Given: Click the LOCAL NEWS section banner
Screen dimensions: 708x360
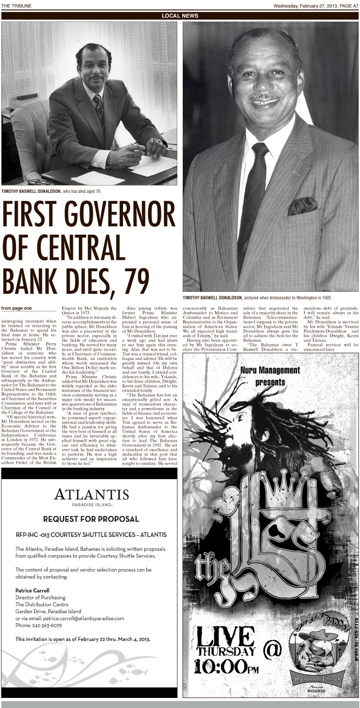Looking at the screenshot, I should click(x=180, y=16).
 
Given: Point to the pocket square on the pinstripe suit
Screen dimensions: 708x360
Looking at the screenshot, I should click(x=302, y=206).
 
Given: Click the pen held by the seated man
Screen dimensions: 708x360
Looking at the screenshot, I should click(x=137, y=146).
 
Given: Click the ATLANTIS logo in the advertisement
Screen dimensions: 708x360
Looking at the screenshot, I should click(x=91, y=494).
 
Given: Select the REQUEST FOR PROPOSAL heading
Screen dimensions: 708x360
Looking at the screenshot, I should click(x=91, y=519).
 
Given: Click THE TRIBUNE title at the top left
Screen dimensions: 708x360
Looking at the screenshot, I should click(x=15, y=5).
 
